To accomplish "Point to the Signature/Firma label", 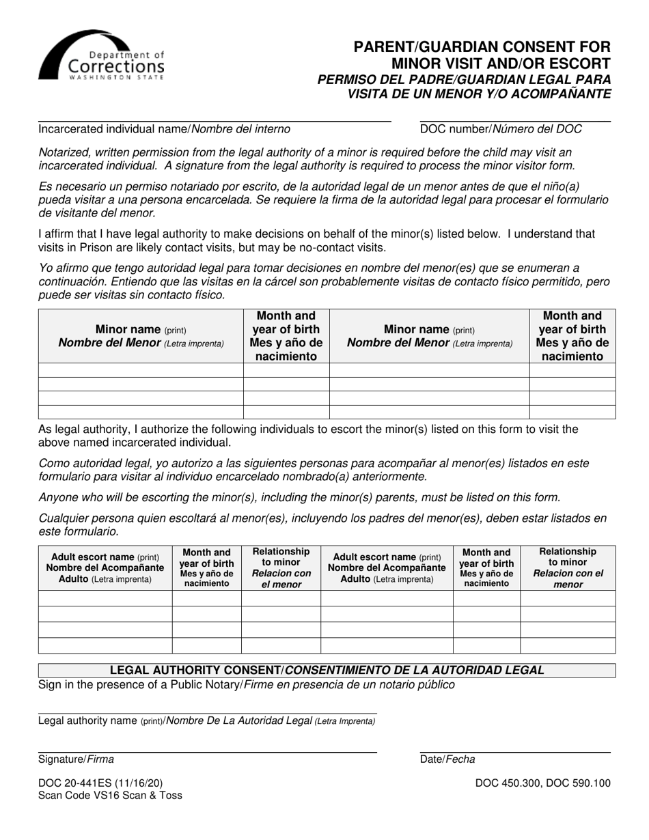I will pyautogui.click(x=77, y=759).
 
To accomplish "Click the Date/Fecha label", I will pyautogui.click(x=447, y=759).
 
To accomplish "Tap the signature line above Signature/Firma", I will pyautogui.click(x=208, y=751).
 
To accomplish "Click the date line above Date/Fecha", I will pyautogui.click(x=514, y=751).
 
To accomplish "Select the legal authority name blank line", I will pyautogui.click(x=208, y=712).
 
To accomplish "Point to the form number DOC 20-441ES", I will pyautogui.click(x=101, y=783).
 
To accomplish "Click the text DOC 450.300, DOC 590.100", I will pyautogui.click(x=543, y=783).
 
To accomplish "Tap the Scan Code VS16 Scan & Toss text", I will pyautogui.click(x=110, y=796).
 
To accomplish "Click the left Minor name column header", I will pyautogui.click(x=141, y=336).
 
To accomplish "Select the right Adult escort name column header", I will pyautogui.click(x=387, y=568).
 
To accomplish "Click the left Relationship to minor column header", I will pyautogui.click(x=281, y=567).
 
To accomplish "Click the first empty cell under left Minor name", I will pyautogui.click(x=141, y=370).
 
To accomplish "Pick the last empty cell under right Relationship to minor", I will pyautogui.click(x=568, y=645).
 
